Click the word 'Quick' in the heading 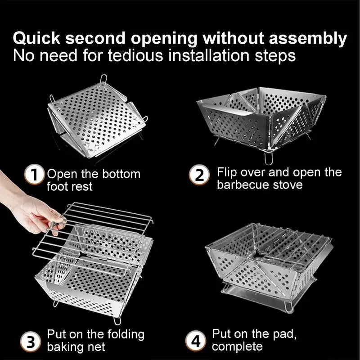click(x=38, y=39)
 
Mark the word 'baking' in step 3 click(x=66, y=347)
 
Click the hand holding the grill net click(x=31, y=207)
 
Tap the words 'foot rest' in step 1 click(x=69, y=186)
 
